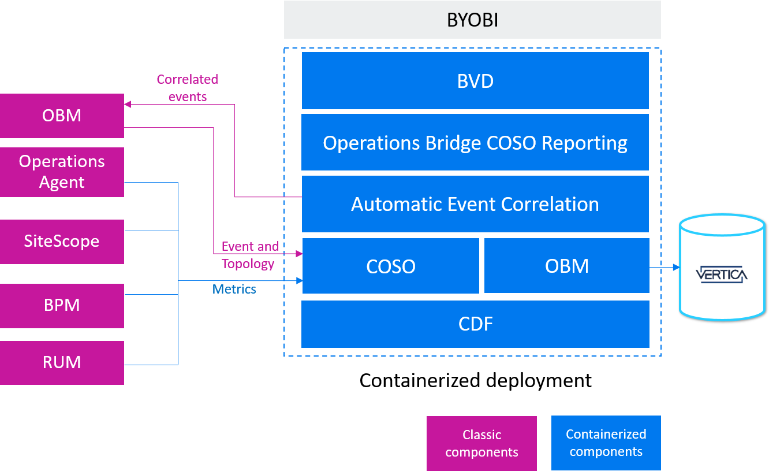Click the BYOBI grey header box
[472, 20]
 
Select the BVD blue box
[475, 81]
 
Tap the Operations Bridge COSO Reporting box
[475, 142]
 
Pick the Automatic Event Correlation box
[475, 204]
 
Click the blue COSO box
[391, 266]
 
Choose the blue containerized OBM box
[566, 266]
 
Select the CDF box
[475, 324]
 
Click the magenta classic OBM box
[62, 116]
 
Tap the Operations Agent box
[62, 172]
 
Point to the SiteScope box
[62, 241]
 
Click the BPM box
[62, 305]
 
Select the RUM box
[62, 362]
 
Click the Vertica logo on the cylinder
[722, 274]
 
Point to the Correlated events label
[188, 88]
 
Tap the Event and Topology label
[249, 255]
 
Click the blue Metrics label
[234, 289]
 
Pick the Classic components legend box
[481, 443]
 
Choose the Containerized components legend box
[606, 443]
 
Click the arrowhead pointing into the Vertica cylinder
[675, 268]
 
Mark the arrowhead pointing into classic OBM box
[128, 104]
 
